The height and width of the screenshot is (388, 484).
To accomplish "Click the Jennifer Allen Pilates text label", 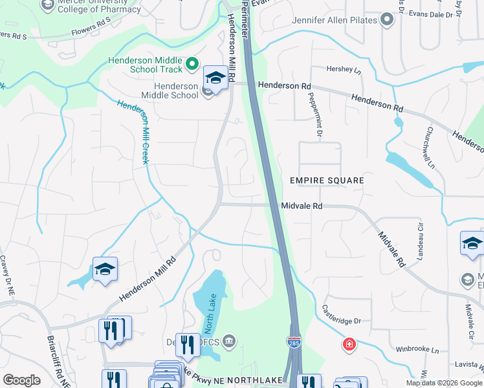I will tap(334, 20).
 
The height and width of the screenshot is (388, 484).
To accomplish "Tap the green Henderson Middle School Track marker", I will tap(192, 63).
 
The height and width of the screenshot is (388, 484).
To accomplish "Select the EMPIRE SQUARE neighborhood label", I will tap(327, 180).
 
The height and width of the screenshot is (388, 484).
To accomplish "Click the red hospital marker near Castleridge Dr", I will tap(349, 344).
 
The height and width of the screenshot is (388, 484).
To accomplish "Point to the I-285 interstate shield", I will tap(294, 339).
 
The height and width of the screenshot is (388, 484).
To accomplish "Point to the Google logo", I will tap(21, 380).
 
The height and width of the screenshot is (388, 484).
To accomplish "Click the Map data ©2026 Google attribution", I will tap(444, 383).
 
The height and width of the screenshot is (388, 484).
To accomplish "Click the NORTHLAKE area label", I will tap(256, 381).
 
